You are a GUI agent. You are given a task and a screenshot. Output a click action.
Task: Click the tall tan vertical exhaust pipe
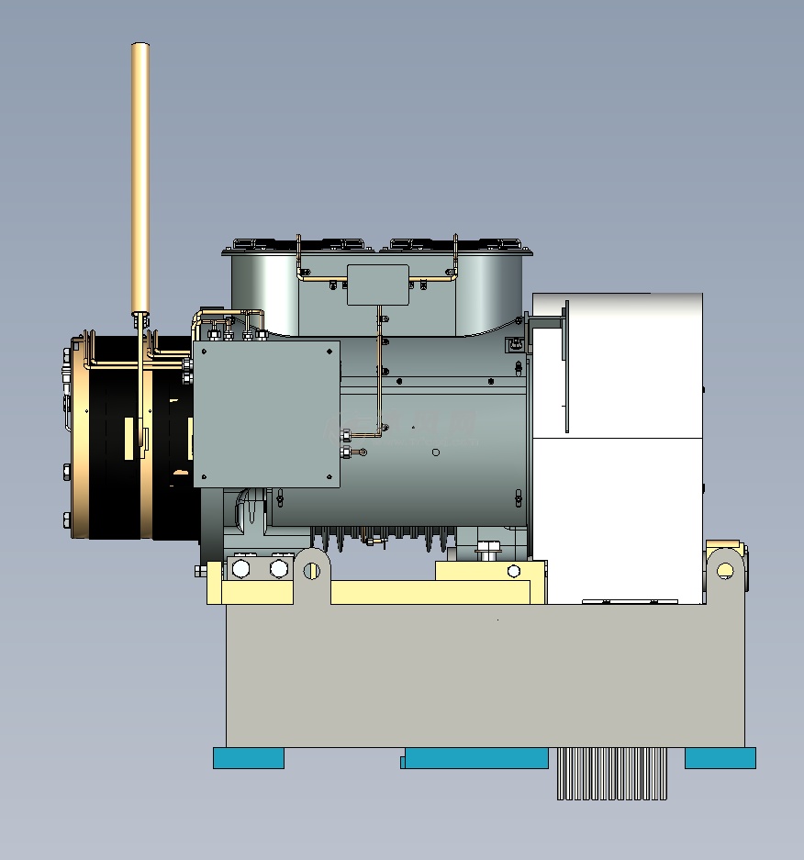[140, 174]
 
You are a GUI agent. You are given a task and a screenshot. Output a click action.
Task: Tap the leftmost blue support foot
[249, 758]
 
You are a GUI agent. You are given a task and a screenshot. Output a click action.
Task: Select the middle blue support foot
[475, 758]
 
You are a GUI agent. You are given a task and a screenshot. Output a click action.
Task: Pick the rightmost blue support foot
[720, 758]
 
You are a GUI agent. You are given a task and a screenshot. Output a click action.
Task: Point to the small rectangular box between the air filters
[377, 285]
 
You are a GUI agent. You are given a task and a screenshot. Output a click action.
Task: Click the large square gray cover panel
[266, 413]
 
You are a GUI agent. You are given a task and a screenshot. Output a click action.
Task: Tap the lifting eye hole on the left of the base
[311, 570]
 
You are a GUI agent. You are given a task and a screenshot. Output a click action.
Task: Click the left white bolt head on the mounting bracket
[241, 569]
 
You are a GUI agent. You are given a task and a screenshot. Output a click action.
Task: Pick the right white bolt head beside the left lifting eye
[279, 569]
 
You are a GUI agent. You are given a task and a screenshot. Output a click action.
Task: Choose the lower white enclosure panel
[617, 519]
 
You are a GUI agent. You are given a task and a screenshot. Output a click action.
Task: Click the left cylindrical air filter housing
[264, 289]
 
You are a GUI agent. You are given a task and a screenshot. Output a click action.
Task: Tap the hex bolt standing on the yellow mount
[488, 550]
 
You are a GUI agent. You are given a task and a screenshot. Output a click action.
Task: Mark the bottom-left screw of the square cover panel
[204, 476]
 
